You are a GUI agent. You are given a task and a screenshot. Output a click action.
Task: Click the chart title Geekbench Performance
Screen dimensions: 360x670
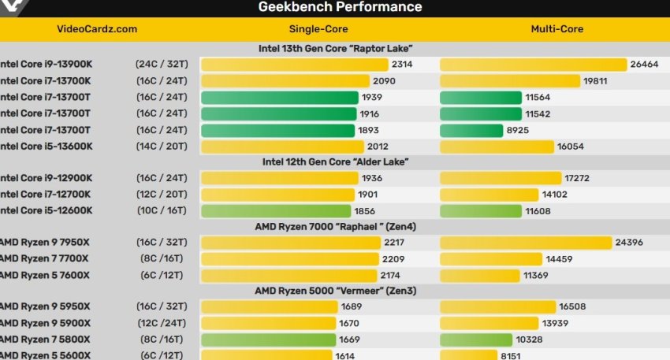(340, 7)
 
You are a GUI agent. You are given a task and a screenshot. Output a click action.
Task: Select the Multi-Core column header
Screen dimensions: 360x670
(556, 29)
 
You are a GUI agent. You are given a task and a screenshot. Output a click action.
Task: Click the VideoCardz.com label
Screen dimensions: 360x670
(97, 29)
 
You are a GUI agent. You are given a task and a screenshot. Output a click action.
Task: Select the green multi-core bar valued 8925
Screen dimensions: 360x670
(471, 130)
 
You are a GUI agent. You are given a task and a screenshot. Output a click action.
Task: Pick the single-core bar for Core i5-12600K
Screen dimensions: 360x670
(276, 211)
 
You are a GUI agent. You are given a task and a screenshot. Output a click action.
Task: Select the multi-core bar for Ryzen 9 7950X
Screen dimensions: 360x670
(526, 243)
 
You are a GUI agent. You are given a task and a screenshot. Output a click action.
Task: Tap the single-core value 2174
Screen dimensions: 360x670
(391, 275)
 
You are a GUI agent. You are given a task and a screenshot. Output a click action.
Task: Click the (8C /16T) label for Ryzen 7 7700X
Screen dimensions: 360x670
(161, 258)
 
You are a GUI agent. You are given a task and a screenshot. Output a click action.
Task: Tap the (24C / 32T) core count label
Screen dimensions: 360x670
(161, 65)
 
